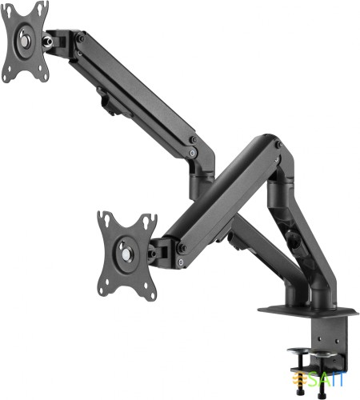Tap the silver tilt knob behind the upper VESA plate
coord(52,38)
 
